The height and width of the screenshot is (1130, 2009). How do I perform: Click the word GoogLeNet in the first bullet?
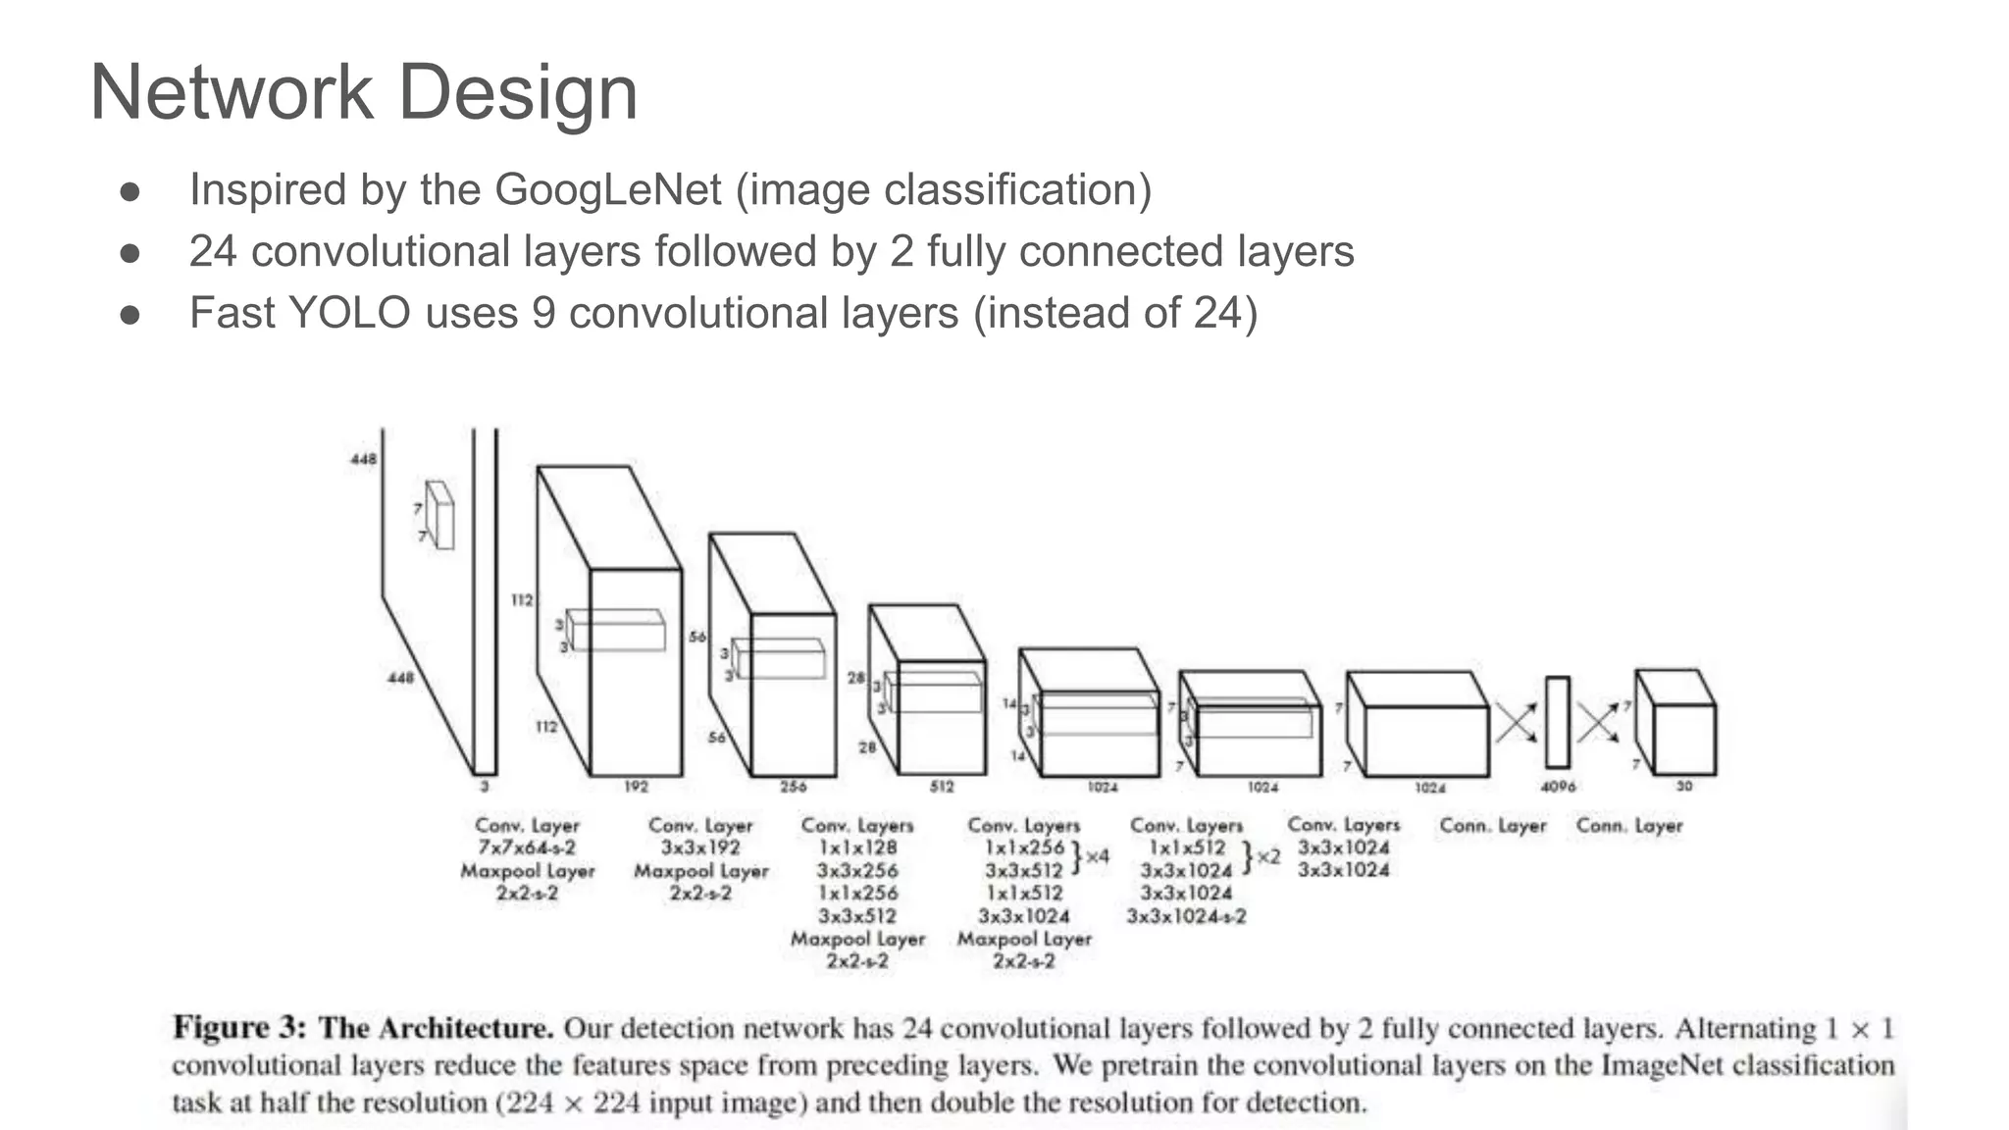pyautogui.click(x=607, y=189)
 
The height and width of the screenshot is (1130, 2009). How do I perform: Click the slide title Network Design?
pyautogui.click(x=364, y=92)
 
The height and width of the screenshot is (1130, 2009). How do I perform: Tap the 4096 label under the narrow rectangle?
pyautogui.click(x=1558, y=787)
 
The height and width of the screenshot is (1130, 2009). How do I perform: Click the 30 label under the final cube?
pyautogui.click(x=1684, y=787)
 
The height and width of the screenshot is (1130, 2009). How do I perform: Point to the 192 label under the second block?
pyautogui.click(x=636, y=787)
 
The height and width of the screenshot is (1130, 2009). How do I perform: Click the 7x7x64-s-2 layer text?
pyautogui.click(x=527, y=847)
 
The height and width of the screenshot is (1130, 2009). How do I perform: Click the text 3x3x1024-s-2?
pyautogui.click(x=1186, y=916)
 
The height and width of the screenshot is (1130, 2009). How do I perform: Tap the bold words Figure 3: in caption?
pyautogui.click(x=239, y=1028)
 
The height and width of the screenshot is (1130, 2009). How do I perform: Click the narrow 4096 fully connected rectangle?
pyautogui.click(x=1558, y=722)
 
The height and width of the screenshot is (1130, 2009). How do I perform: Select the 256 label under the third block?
pyautogui.click(x=793, y=787)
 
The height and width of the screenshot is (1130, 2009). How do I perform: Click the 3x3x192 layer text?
pyautogui.click(x=700, y=847)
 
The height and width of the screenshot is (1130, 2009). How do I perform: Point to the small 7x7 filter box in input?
pyautogui.click(x=440, y=515)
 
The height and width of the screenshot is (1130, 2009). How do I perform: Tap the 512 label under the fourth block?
pyautogui.click(x=942, y=787)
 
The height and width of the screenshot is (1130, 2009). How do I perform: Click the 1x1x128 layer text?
pyautogui.click(x=857, y=847)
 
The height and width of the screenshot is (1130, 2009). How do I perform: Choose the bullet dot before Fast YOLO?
pyautogui.click(x=130, y=315)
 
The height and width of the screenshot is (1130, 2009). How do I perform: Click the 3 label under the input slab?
pyautogui.click(x=485, y=787)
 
